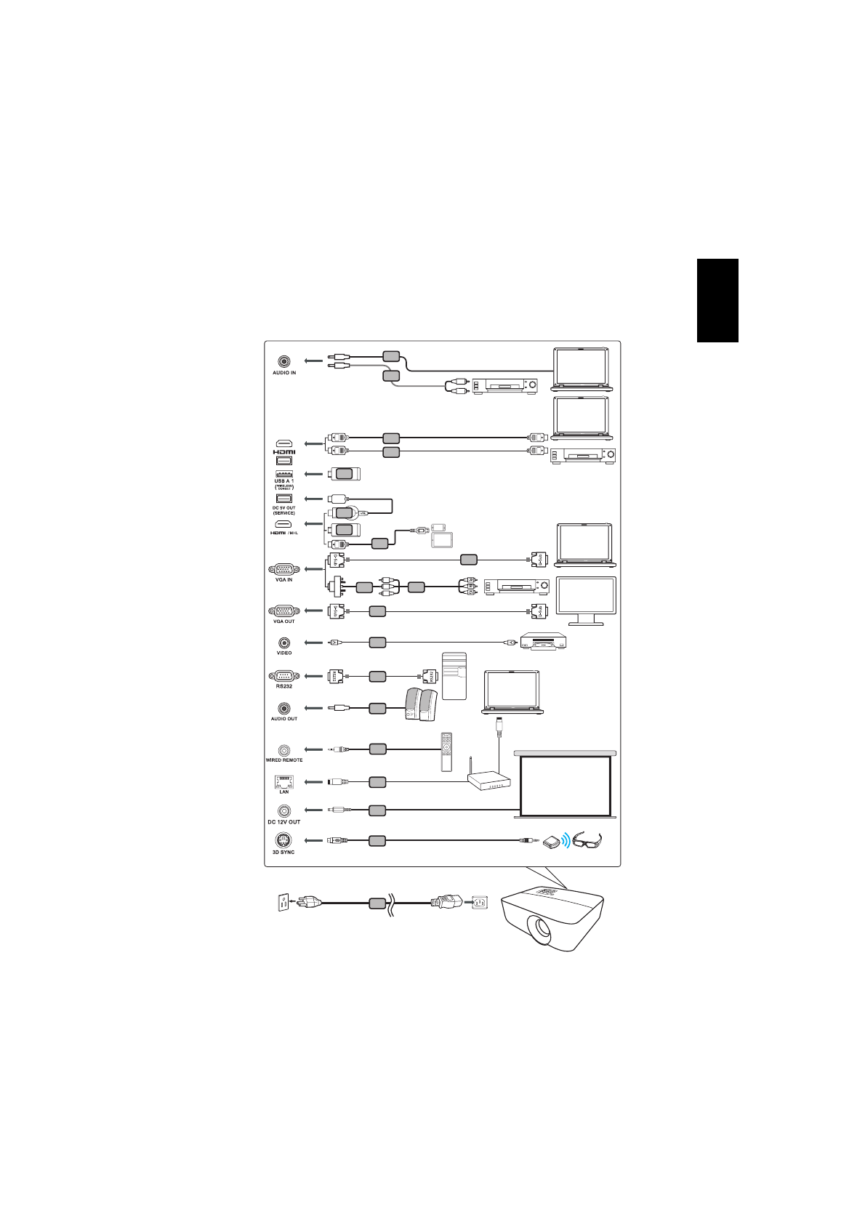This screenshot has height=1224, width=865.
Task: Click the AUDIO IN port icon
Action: point(283,361)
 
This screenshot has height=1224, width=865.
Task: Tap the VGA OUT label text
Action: point(283,621)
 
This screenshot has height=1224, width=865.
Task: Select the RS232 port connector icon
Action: point(283,676)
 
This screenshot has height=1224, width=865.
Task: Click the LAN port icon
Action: point(283,781)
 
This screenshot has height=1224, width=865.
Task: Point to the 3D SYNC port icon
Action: point(283,840)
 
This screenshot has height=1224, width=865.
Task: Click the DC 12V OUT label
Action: point(283,822)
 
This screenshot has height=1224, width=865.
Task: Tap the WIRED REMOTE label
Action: point(283,760)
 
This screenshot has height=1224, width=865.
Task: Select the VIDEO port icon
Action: point(283,643)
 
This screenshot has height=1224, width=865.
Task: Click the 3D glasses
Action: point(587,840)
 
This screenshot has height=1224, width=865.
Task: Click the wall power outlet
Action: point(281,903)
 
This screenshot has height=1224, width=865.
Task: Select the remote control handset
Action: point(446,752)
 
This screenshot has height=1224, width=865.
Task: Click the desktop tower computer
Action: point(454,676)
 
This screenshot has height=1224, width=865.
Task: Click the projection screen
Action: point(565,785)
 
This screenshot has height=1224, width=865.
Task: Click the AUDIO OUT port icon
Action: point(283,707)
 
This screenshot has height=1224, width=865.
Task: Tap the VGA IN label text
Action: point(283,580)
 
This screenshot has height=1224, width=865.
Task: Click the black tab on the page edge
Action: point(717,300)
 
